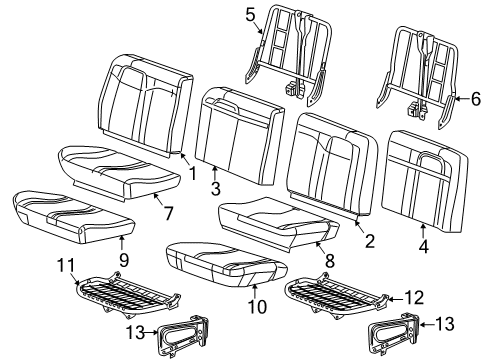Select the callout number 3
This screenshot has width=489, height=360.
pyautogui.click(x=215, y=187)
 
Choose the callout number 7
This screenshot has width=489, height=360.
pyautogui.click(x=167, y=212)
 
